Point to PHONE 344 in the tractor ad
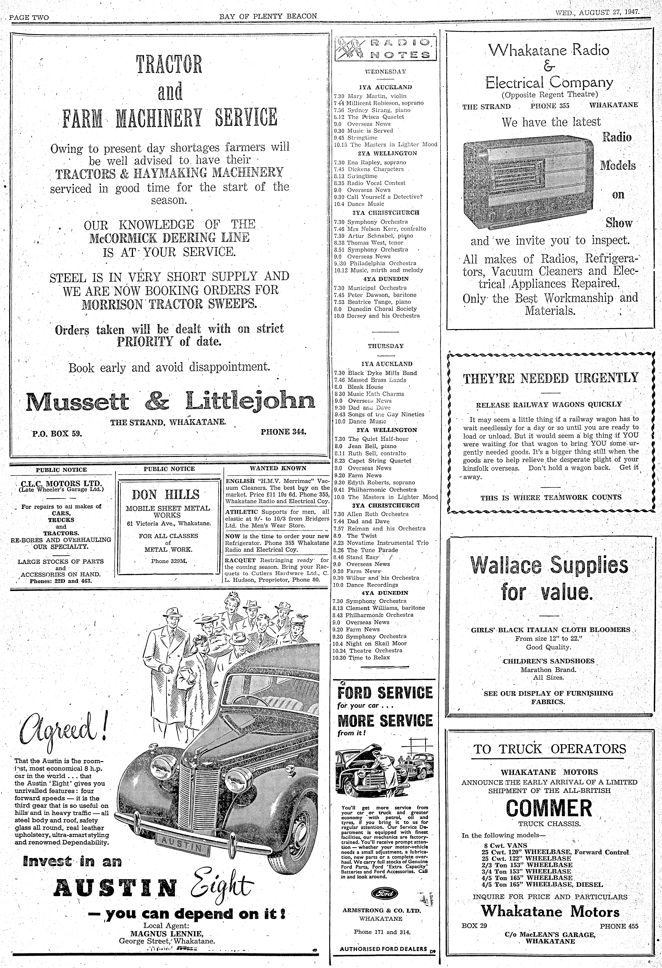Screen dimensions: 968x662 point(283,432)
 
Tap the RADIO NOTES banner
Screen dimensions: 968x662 point(385,48)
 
